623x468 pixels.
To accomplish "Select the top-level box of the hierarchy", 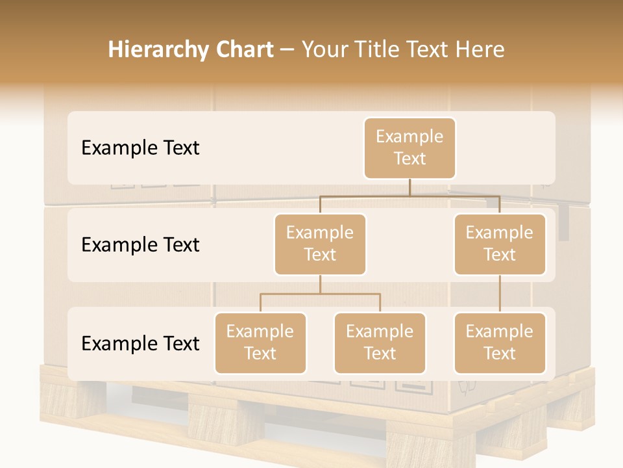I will (409, 148).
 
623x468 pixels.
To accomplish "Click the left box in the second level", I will (320, 244).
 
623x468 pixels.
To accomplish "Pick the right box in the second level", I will (500, 244).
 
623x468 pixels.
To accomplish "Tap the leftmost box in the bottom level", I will (260, 343).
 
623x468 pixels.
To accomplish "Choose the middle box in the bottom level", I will (380, 343).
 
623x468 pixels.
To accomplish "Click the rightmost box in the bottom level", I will (500, 343).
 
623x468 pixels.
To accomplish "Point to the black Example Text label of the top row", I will (140, 148).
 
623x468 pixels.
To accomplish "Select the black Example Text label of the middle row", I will (140, 245).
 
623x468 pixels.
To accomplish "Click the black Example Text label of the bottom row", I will (140, 344).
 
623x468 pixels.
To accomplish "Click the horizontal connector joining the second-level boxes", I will (409, 196).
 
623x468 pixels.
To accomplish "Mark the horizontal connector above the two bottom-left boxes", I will (320, 294).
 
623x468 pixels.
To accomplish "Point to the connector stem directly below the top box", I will (409, 187).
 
